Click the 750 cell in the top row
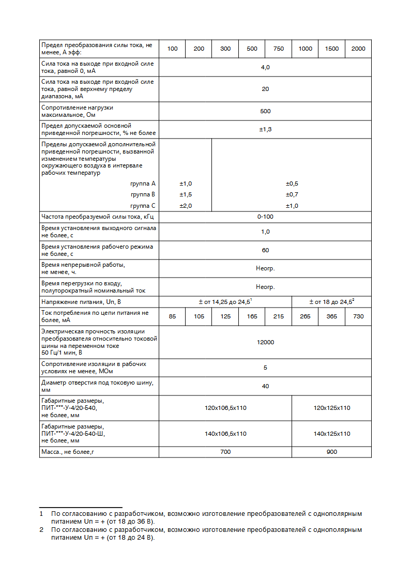tap(278, 49)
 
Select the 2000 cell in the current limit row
tap(358, 49)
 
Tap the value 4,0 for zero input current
tap(265, 67)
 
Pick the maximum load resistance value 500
tap(265, 111)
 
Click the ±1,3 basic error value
tap(265, 129)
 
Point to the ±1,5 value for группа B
tap(186, 194)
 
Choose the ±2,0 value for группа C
tap(186, 206)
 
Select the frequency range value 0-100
tap(265, 217)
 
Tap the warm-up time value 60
tap(265, 250)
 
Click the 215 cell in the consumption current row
tap(278, 316)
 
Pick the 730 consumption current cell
tap(358, 316)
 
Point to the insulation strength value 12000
tap(265, 342)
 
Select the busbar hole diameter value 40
tap(265, 386)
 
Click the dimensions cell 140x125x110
tap(332, 434)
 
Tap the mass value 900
tap(332, 452)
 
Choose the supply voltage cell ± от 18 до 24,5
tap(332, 301)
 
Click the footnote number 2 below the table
tap(41, 530)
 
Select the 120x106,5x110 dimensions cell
tap(225, 408)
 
